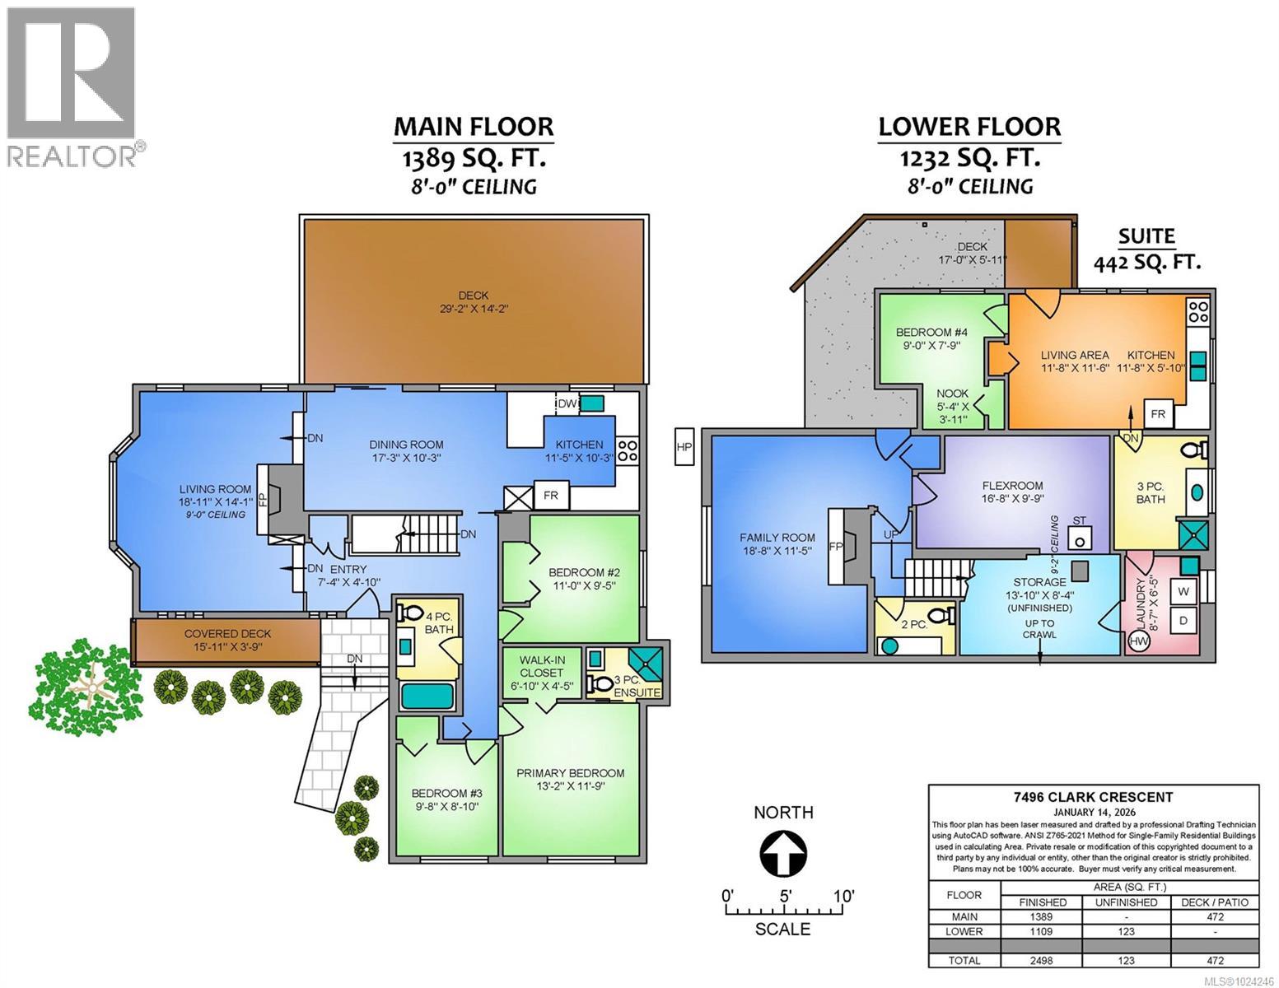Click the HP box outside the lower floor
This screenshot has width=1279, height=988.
point(683,447)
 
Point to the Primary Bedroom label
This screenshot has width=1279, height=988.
point(570,780)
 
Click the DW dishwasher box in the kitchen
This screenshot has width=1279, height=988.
point(567,403)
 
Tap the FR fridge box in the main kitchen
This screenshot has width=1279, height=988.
point(551,496)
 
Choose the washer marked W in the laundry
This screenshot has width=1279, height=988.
point(1183,591)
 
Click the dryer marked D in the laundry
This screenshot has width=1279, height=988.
point(1183,620)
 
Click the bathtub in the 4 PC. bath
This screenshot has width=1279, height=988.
point(427,696)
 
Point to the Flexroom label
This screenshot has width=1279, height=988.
point(1012,492)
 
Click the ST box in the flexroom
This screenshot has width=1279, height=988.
point(1079,537)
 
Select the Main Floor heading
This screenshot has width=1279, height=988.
point(473,126)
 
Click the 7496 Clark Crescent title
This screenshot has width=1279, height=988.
point(1093,796)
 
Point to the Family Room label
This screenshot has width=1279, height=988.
point(777,544)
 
